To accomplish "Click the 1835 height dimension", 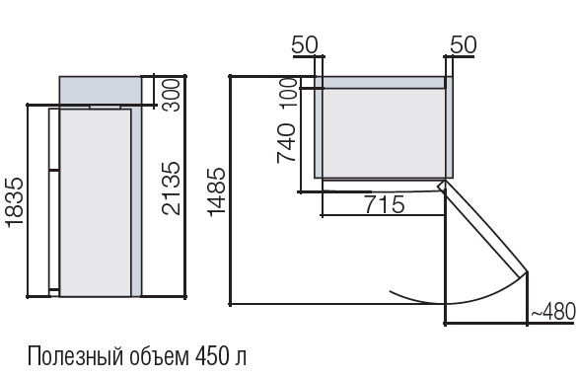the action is click(x=15, y=201).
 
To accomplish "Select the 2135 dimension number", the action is click(x=172, y=188).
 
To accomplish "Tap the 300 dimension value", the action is click(x=172, y=95).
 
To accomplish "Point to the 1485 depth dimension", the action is click(x=216, y=191).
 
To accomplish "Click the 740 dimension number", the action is click(x=286, y=143).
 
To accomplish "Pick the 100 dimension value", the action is click(x=289, y=93).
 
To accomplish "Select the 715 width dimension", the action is click(x=385, y=204).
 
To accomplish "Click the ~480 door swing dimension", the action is click(x=552, y=311).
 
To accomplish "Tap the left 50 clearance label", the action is click(x=305, y=45).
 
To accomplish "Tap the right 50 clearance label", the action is click(x=464, y=45).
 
